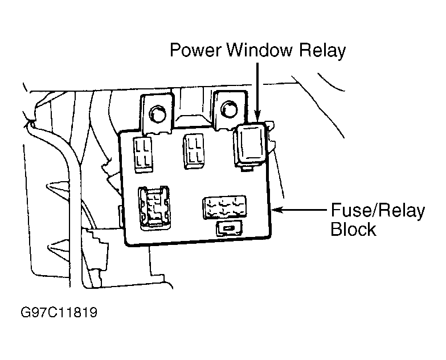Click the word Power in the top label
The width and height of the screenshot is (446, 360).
pos(195,50)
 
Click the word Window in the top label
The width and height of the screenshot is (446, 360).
pos(260,50)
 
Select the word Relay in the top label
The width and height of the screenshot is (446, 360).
pos(322,51)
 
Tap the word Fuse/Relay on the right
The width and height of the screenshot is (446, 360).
pos(378,210)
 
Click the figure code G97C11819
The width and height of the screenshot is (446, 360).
pos(59,312)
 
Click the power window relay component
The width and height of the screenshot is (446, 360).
pos(251,144)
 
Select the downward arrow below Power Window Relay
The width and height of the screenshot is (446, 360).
pos(257,92)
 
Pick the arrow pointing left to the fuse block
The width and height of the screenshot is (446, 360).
pos(299,210)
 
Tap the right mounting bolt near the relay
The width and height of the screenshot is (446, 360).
pos(229,108)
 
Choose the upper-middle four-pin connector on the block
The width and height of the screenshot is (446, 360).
pos(194,151)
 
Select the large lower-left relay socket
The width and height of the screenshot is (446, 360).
pos(154,207)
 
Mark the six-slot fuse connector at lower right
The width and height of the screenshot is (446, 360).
pos(224,207)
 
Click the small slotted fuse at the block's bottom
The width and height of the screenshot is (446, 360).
pos(229,228)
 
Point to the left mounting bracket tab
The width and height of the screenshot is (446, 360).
pos(157,114)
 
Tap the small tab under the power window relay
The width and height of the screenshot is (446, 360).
pos(247,169)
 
